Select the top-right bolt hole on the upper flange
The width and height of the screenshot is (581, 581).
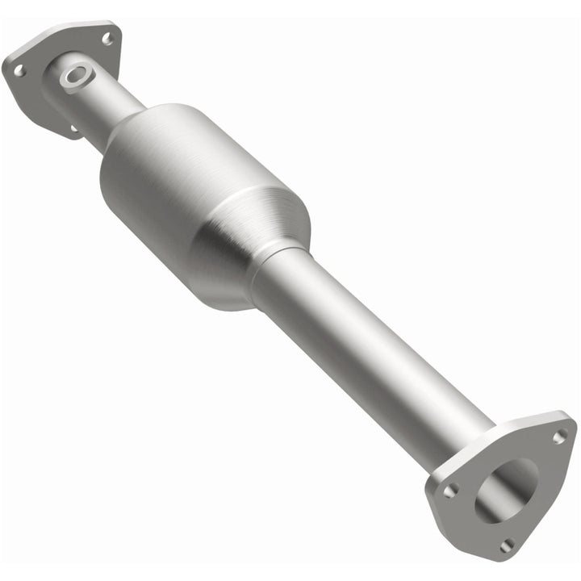click(x=107, y=37)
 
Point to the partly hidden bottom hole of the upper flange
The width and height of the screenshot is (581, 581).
click(x=73, y=127)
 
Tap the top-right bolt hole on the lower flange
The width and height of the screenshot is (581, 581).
click(x=558, y=436)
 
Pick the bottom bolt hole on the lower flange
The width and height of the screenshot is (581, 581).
click(x=506, y=545)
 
